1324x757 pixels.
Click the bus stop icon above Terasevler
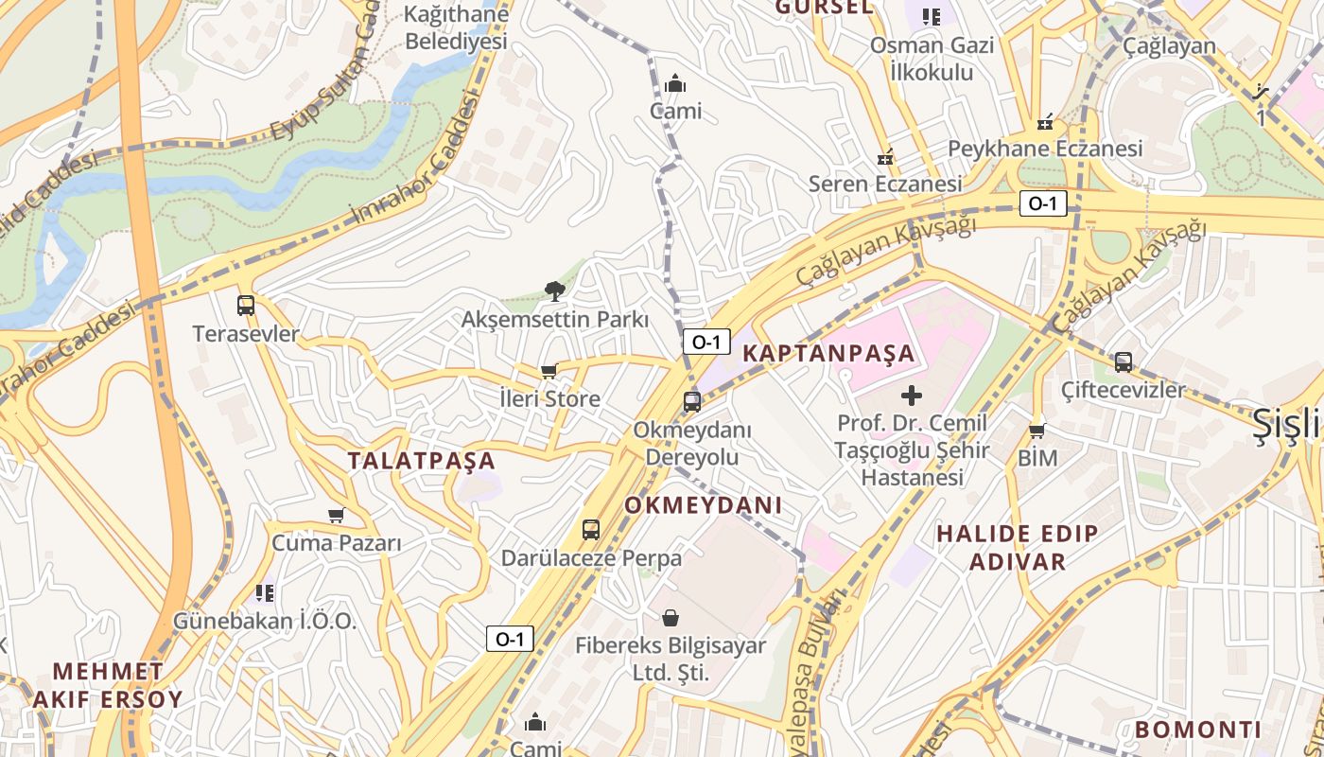tap(246, 306)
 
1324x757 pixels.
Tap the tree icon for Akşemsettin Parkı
tap(555, 291)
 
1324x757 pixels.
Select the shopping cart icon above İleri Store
tap(549, 371)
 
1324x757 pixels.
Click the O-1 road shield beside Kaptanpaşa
tap(706, 343)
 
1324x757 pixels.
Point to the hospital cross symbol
tap(912, 395)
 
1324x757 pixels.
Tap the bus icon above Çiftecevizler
tap(1124, 361)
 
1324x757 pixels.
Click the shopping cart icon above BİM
tap(1037, 431)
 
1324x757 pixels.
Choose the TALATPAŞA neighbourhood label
tap(421, 461)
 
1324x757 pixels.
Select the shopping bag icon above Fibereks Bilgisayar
tap(671, 619)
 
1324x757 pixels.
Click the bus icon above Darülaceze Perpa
tap(591, 530)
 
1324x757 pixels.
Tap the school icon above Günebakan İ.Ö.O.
tap(265, 593)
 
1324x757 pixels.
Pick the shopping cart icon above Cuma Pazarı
tap(336, 516)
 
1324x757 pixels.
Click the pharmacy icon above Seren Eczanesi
tap(885, 157)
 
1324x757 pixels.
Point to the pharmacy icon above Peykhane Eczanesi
tap(1045, 121)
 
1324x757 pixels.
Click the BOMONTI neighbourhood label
tap(1198, 730)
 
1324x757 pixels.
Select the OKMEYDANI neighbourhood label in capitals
tap(703, 505)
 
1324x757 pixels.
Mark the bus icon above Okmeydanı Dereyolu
tap(692, 402)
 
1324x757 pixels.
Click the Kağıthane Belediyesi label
tap(456, 27)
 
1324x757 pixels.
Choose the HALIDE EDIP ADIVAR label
tap(1018, 547)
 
